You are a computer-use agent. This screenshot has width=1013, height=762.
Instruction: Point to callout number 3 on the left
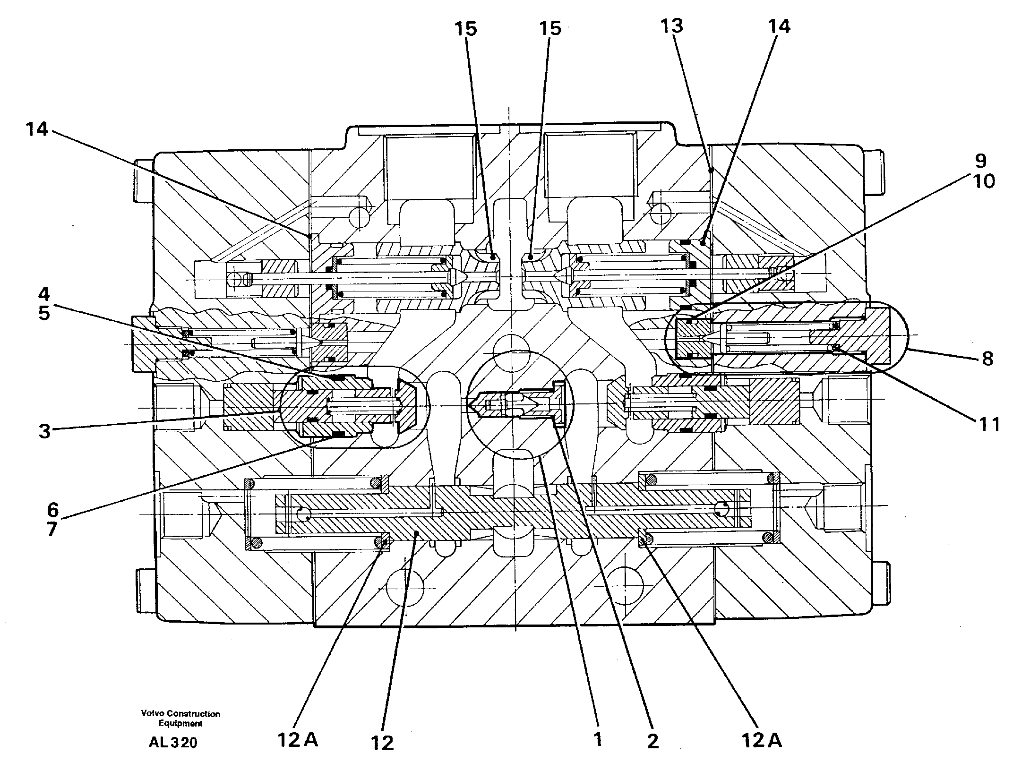tap(44, 431)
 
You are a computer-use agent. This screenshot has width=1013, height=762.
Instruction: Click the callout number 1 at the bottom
tap(598, 739)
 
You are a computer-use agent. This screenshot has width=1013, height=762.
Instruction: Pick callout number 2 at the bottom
tap(652, 741)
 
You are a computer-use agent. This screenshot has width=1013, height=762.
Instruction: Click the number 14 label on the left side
tap(37, 128)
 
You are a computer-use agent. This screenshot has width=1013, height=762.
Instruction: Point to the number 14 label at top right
tap(779, 27)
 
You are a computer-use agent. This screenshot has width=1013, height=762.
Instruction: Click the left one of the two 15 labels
tap(466, 29)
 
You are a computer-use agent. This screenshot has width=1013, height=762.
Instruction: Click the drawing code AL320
tap(173, 743)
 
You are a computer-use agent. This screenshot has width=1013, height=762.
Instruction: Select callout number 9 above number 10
tap(980, 162)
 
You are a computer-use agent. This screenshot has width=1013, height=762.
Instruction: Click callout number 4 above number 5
tap(43, 294)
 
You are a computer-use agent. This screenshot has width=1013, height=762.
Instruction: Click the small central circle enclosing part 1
tap(519, 404)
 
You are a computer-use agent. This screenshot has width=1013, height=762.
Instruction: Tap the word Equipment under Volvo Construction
tap(180, 723)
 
